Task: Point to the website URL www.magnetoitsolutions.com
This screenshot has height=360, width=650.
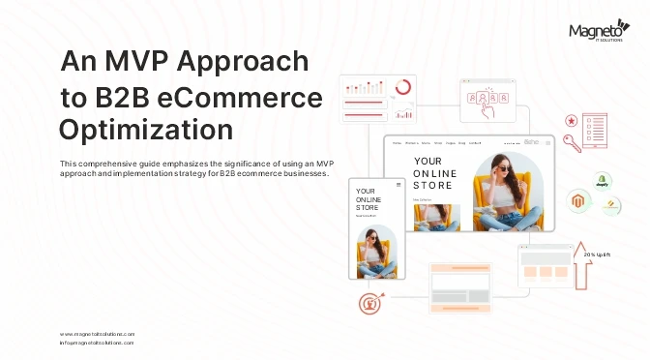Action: click(97, 333)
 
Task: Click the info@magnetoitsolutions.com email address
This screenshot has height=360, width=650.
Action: click(97, 343)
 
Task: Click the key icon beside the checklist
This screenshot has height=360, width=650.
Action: click(572, 143)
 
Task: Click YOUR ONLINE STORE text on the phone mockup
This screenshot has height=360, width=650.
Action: click(368, 198)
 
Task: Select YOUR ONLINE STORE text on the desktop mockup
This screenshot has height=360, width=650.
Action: click(433, 172)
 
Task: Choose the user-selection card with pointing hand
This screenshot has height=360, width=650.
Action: click(485, 102)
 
